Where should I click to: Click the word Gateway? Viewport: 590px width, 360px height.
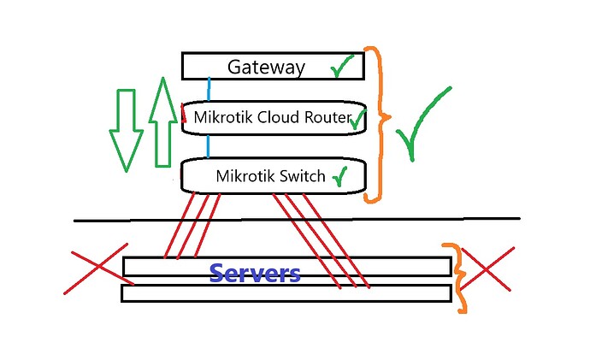pyautogui.click(x=266, y=68)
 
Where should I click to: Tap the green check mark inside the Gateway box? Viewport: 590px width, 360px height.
pyautogui.click(x=342, y=68)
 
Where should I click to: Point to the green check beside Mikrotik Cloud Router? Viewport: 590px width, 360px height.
pyautogui.click(x=358, y=117)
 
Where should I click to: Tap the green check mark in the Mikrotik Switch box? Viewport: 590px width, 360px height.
pyautogui.click(x=339, y=176)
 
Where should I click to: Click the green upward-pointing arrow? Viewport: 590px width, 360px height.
pyautogui.click(x=162, y=121)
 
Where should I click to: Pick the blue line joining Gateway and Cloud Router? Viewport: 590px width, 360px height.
pyautogui.click(x=208, y=90)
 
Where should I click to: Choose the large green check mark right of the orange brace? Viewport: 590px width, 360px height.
pyautogui.click(x=424, y=122)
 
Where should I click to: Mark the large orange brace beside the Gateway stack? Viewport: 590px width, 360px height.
pyautogui.click(x=376, y=124)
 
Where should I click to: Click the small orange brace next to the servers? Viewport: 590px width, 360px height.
pyautogui.click(x=460, y=279)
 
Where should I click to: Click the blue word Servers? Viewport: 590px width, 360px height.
pyautogui.click(x=255, y=274)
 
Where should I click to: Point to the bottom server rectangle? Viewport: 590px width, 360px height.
pyautogui.click(x=286, y=293)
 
